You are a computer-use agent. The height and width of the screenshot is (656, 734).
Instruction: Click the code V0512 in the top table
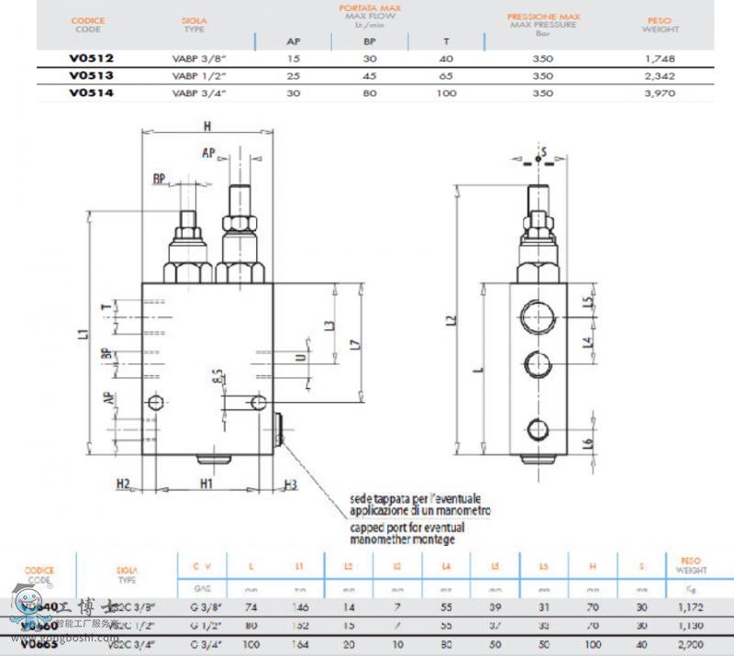pos(91,58)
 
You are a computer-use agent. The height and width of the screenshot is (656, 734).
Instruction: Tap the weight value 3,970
pos(660,93)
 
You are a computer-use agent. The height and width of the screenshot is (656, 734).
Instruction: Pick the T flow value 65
pos(447,76)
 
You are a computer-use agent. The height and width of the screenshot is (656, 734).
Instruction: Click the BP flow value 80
pos(370,93)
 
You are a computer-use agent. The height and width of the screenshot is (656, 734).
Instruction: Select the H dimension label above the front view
pos(207,127)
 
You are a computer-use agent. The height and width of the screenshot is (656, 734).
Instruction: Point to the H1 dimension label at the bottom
pos(206,483)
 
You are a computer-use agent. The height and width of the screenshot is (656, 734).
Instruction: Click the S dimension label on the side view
pos(543,150)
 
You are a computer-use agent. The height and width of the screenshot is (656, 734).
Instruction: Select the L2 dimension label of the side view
pos(450,321)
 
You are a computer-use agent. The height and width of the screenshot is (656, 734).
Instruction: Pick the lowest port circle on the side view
pos(538,428)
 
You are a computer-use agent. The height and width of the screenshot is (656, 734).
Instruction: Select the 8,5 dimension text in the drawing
pos(217,376)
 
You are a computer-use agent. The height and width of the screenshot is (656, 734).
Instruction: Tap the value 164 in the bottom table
pos(299,644)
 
